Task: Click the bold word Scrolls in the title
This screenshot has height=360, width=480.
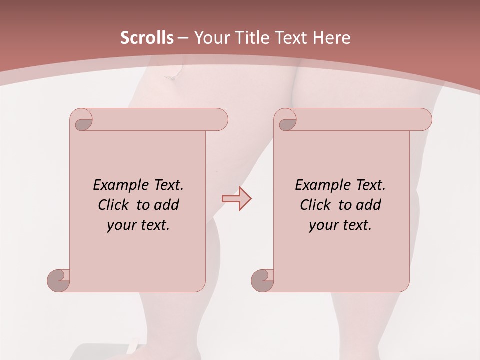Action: click(147, 37)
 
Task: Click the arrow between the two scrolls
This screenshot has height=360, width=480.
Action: click(236, 198)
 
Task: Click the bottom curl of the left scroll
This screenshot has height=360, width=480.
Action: click(58, 279)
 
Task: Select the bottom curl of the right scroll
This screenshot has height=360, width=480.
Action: click(262, 279)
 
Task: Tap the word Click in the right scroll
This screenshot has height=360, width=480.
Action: click(315, 205)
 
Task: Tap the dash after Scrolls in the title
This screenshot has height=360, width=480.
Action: click(183, 37)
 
